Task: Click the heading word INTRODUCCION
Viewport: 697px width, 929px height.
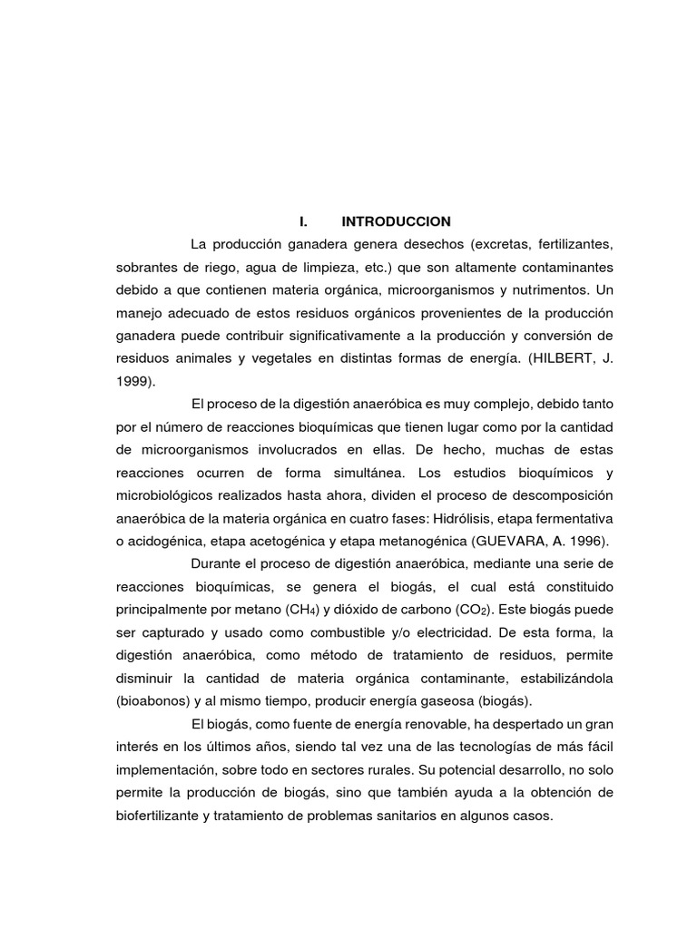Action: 396,221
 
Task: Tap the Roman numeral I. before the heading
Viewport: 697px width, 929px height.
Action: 304,221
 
